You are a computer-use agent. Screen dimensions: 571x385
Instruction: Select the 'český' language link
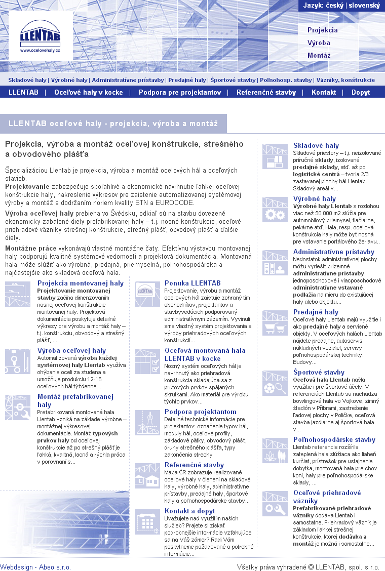click(x=334, y=6)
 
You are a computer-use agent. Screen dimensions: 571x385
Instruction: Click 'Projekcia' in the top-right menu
click(x=322, y=30)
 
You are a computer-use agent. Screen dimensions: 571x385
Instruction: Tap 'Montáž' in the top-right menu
click(x=319, y=55)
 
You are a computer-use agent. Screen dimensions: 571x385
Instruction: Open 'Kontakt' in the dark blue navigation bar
click(x=324, y=92)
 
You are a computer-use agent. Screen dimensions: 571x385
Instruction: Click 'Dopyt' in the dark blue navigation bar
click(x=361, y=92)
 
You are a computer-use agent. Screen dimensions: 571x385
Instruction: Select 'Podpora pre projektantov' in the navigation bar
click(x=180, y=92)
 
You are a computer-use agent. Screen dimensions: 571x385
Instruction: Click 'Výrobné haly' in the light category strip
click(x=69, y=80)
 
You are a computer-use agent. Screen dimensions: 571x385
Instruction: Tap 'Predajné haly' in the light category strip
click(x=187, y=80)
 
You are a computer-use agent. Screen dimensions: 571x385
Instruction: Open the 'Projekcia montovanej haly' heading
click(x=81, y=283)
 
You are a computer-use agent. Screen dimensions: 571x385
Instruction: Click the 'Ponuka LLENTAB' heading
click(x=192, y=283)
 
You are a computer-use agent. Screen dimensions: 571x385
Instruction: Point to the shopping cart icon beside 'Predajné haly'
click(x=275, y=323)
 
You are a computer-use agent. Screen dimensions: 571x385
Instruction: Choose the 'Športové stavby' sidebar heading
click(x=319, y=372)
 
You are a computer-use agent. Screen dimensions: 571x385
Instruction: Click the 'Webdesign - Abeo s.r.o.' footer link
click(x=35, y=567)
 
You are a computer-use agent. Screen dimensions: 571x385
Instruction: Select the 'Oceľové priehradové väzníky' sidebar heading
click(x=327, y=497)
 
